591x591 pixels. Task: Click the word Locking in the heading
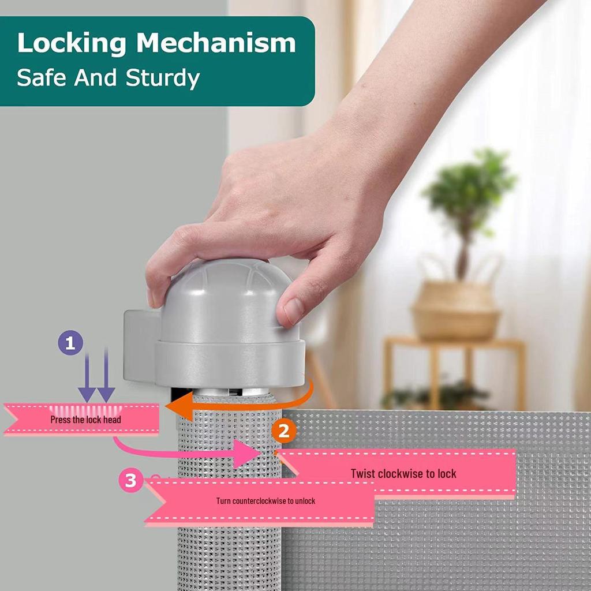[x=72, y=44]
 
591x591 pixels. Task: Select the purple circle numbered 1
[x=70, y=344]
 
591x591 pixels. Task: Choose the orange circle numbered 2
[x=284, y=431]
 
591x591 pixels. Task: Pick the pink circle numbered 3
[x=131, y=480]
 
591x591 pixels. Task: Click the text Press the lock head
[x=85, y=420]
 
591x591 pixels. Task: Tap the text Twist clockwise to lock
[x=403, y=474]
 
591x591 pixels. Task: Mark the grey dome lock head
[x=225, y=300]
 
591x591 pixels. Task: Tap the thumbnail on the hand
[x=294, y=311]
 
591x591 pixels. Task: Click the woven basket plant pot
[x=455, y=309]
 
